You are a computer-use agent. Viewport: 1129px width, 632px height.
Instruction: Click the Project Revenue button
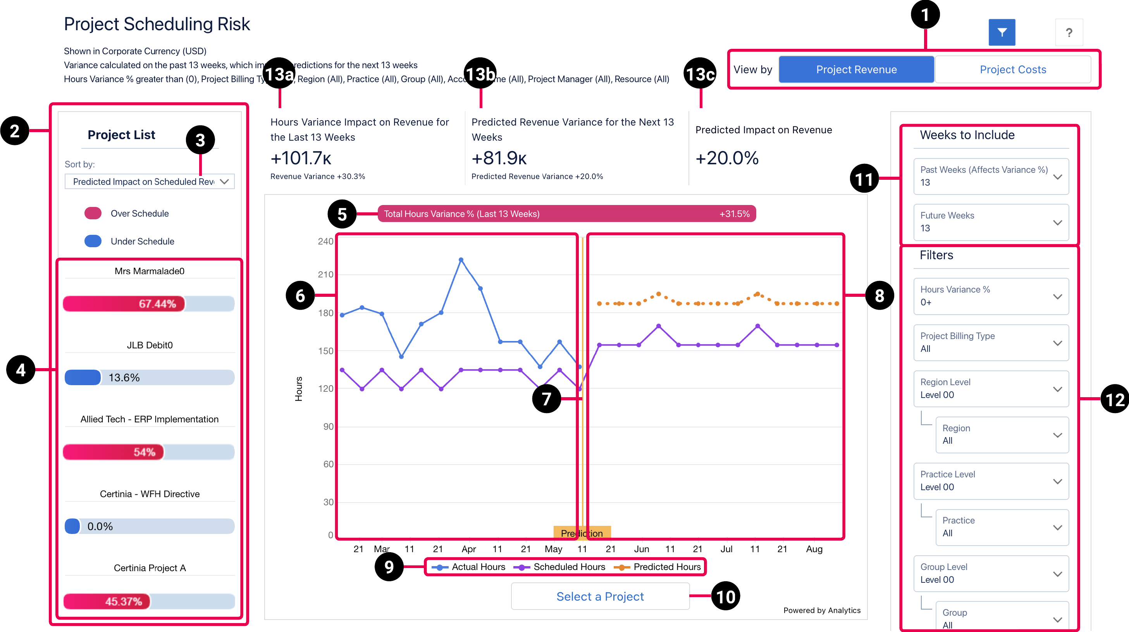(x=856, y=69)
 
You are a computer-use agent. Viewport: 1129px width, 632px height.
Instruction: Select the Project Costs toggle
(x=1012, y=69)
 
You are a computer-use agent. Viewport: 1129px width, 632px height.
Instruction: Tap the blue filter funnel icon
(x=1002, y=32)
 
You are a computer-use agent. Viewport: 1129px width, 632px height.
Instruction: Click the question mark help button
(x=1069, y=32)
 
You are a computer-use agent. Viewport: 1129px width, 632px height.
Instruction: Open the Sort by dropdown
(x=150, y=181)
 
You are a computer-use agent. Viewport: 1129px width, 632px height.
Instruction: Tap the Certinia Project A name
(x=150, y=568)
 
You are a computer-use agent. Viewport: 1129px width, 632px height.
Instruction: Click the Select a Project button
(x=600, y=596)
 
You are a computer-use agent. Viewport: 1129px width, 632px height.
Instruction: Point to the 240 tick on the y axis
(x=325, y=241)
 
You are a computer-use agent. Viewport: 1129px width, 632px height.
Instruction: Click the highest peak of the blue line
(x=461, y=260)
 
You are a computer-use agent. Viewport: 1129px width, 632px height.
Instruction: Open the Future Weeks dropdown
(x=991, y=222)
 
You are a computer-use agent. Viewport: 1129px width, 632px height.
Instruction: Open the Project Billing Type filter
(x=991, y=342)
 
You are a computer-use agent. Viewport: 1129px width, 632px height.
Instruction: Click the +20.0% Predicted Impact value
(x=727, y=158)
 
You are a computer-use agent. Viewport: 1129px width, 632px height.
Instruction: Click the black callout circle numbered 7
(x=546, y=398)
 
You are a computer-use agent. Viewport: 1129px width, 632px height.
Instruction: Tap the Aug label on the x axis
(x=814, y=549)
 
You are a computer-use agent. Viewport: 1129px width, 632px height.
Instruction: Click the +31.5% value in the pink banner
(x=734, y=214)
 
